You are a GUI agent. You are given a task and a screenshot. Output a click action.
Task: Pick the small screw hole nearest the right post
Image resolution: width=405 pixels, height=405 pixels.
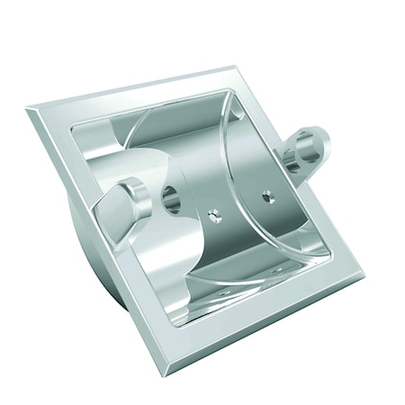click(266, 194)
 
